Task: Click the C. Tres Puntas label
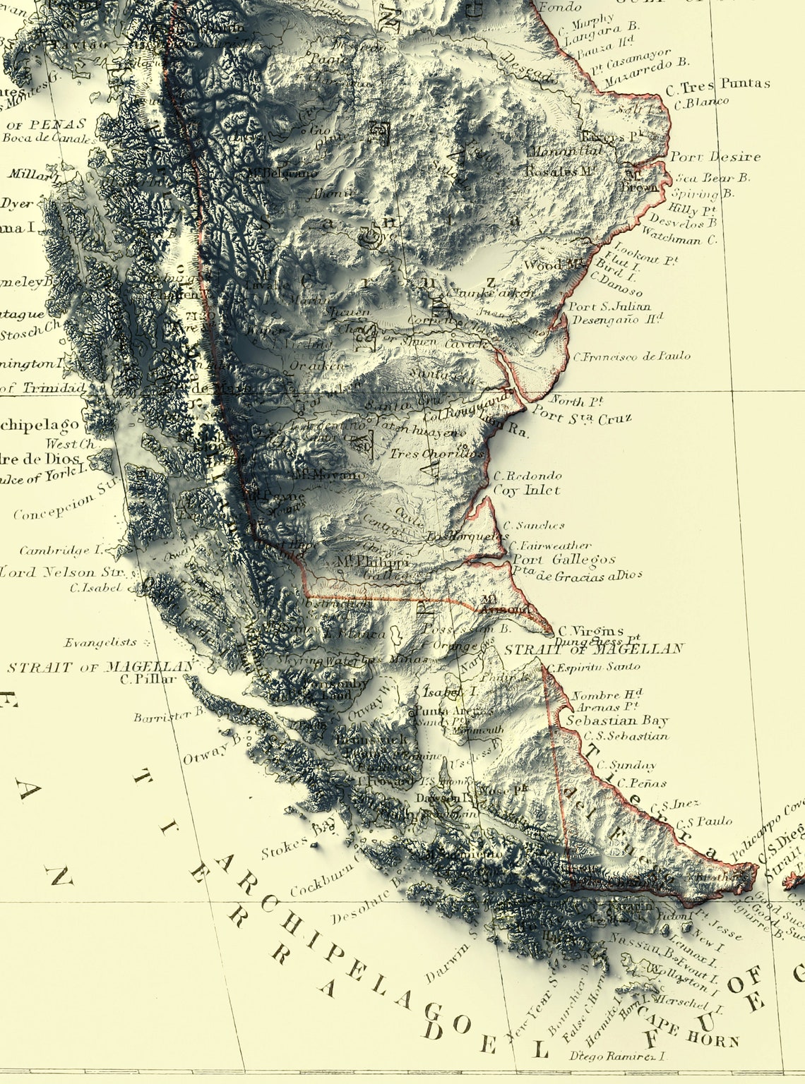tap(717, 84)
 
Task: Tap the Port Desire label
tap(715, 157)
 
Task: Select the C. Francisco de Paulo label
tap(631, 356)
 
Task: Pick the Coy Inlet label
tap(526, 490)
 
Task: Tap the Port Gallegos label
tap(563, 560)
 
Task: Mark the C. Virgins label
tap(591, 631)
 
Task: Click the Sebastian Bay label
tap(616, 721)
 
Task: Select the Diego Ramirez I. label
tap(619, 1056)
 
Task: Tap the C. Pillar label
tap(148, 680)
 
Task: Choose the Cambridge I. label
tap(61, 550)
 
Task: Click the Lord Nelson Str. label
tap(62, 572)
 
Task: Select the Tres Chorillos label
tap(438, 454)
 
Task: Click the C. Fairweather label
tap(550, 545)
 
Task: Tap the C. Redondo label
tap(527, 476)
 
